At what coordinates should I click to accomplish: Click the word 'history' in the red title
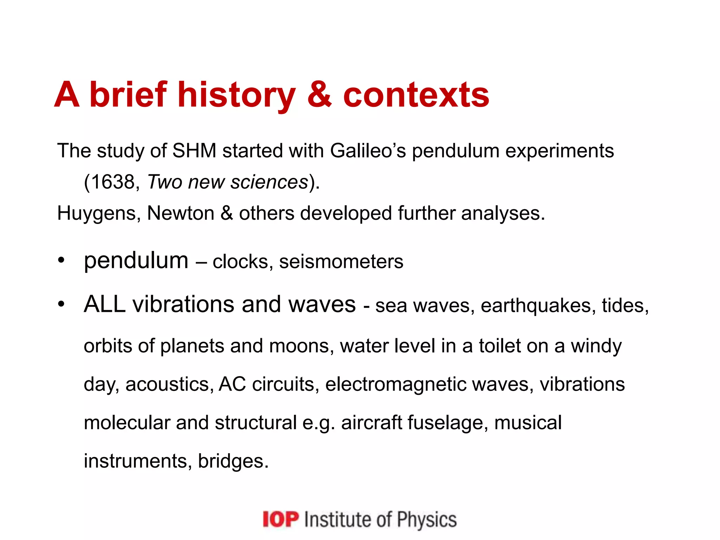(236, 95)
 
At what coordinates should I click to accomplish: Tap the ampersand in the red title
(319, 94)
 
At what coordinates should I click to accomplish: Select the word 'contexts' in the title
(416, 95)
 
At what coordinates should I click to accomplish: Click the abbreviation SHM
(194, 151)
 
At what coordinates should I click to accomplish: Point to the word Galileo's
(368, 151)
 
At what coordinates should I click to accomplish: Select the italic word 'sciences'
(269, 182)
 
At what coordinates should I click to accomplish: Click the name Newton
(180, 213)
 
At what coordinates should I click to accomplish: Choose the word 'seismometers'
(341, 262)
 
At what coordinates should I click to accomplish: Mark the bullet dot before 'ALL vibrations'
(62, 304)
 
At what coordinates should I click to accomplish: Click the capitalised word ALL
(104, 304)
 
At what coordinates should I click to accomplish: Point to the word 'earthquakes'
(538, 306)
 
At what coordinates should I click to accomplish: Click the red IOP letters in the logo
(281, 520)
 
